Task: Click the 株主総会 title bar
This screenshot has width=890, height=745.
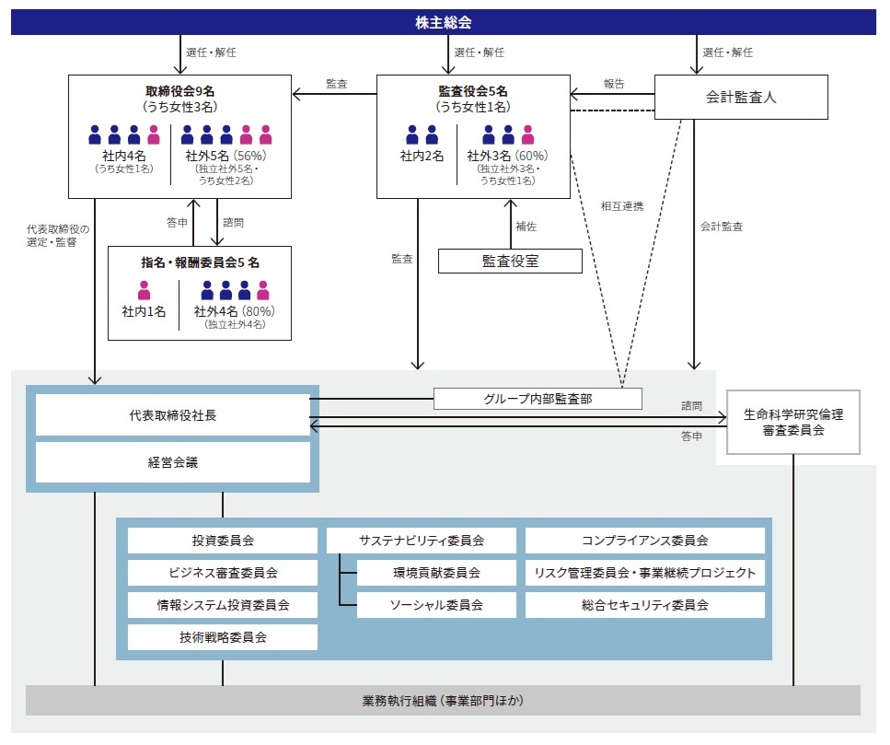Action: pos(444,21)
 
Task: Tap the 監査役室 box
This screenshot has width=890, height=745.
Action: pos(510,262)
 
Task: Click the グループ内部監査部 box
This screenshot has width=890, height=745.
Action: pos(537,399)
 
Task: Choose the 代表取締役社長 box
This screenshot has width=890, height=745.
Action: pos(173,415)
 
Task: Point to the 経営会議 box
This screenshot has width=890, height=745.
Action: pos(173,462)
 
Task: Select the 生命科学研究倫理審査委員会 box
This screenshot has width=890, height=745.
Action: pos(792,423)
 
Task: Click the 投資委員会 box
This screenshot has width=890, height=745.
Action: pos(223,541)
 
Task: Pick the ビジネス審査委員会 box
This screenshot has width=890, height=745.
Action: pos(223,573)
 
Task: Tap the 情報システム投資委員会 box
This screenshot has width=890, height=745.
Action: pos(223,605)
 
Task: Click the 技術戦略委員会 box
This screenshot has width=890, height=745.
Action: pos(223,637)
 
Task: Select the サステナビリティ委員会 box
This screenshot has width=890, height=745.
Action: pos(421,541)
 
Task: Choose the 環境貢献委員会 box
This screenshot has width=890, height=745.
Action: pos(436,573)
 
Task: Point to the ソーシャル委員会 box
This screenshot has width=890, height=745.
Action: pos(436,605)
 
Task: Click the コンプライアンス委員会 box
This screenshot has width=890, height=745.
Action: pos(644,541)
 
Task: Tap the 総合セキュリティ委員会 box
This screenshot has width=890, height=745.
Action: pos(644,605)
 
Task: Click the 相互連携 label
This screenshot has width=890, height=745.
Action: pos(621,207)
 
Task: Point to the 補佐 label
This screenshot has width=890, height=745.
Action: pos(526,226)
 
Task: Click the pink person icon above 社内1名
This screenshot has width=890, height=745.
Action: pos(144,290)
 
